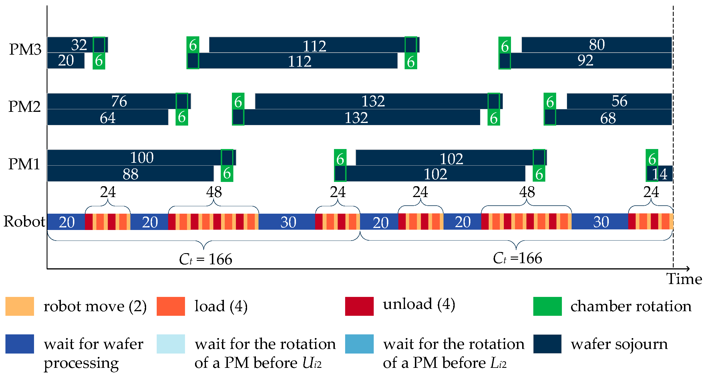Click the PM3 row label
pos(25,49)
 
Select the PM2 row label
pos(25,106)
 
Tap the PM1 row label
pos(24,164)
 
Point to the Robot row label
pos(24,221)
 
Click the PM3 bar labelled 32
pos(70,45)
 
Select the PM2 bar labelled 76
pos(112,101)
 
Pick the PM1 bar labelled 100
pos(134,158)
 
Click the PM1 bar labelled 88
pos(130,174)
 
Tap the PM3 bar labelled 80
pos(597,45)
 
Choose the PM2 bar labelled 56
pos(619,101)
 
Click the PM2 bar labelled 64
pos(108,117)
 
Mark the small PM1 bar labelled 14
pos(663,174)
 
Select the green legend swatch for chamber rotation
pos(547,306)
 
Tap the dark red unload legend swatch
pos(359,306)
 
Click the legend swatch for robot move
pos(20,306)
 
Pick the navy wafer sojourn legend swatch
pos(547,344)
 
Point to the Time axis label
pos(684,279)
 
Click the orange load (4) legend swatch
pos(171,306)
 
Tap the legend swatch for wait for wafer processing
pos(20,344)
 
